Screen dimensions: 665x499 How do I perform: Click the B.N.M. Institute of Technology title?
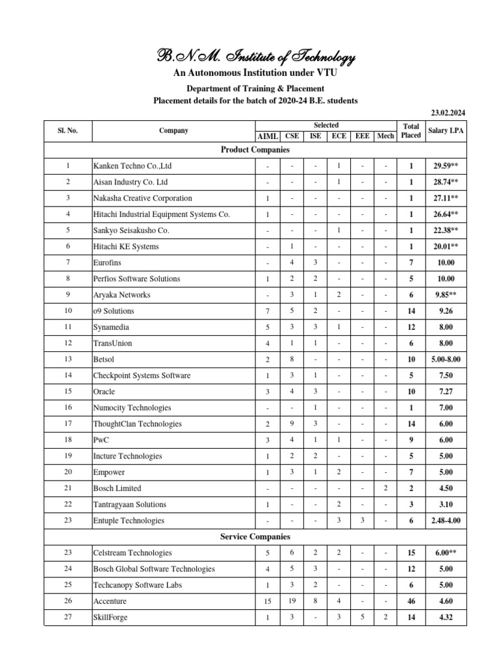pyautogui.click(x=249, y=59)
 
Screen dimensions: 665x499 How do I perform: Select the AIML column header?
pyautogui.click(x=268, y=136)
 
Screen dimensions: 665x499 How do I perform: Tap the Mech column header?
pyautogui.click(x=385, y=136)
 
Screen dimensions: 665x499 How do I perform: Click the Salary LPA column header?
pyautogui.click(x=446, y=131)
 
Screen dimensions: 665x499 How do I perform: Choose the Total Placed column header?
pyautogui.click(x=410, y=131)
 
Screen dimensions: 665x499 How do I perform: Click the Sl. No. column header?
pyautogui.click(x=68, y=131)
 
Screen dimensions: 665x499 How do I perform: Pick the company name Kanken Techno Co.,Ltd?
pyautogui.click(x=133, y=166)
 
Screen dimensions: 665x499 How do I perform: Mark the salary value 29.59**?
pyautogui.click(x=446, y=166)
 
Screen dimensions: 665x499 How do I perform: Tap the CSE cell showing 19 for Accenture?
pyautogui.click(x=292, y=601)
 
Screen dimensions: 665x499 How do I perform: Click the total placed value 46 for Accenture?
pyautogui.click(x=411, y=601)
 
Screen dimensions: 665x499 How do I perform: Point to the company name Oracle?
pyautogui.click(x=104, y=392)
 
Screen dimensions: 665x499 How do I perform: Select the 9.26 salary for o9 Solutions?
pyautogui.click(x=446, y=311)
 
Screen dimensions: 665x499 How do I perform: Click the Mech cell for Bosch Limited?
pyautogui.click(x=385, y=488)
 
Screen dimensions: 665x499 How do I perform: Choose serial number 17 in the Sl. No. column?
pyautogui.click(x=68, y=424)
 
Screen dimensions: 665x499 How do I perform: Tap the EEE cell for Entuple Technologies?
pyautogui.click(x=362, y=521)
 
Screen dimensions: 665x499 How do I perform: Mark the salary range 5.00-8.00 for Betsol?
pyautogui.click(x=446, y=360)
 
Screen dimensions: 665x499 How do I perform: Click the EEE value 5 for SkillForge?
pyautogui.click(x=362, y=618)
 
